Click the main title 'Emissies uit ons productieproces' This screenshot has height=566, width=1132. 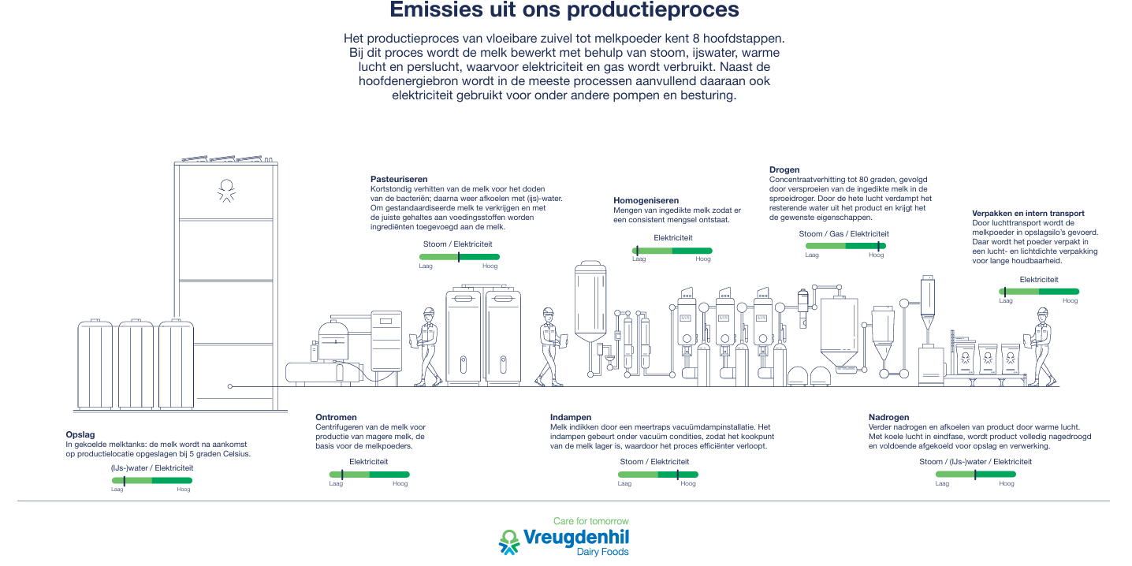pos(564,10)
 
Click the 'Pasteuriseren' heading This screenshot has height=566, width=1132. pos(399,179)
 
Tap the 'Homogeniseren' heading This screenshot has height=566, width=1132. pos(646,200)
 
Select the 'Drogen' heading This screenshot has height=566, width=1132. pos(784,169)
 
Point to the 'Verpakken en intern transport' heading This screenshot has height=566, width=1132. pos(1028,213)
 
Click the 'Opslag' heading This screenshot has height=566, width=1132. pos(80,434)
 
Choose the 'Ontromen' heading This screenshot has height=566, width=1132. pos(336,417)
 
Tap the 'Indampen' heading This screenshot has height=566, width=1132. pos(571,417)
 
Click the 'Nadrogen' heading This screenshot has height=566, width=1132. pos(888,417)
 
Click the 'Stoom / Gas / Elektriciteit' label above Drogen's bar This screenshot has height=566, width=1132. pos(843,234)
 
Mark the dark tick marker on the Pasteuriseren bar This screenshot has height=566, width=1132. pos(459,257)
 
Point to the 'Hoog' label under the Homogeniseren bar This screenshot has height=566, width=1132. pos(703,259)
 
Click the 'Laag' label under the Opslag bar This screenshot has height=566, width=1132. pos(117,490)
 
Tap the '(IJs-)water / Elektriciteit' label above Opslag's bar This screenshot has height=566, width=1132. pos(151,468)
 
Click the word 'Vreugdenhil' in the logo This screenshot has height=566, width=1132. pos(575,538)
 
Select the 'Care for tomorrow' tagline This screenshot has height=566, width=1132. pos(590,521)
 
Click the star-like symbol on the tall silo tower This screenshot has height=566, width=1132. pos(226,190)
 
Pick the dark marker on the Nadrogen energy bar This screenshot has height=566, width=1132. pos(975,475)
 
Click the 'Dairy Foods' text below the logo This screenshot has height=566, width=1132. pos(603,553)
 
